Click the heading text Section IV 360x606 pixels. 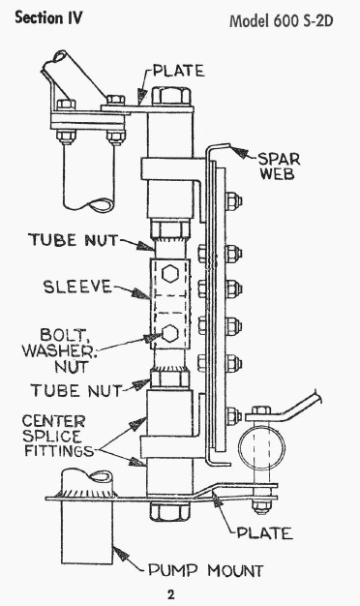pyautogui.click(x=48, y=18)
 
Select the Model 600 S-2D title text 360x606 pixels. pyautogui.click(x=282, y=20)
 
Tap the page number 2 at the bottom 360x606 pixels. pyautogui.click(x=170, y=594)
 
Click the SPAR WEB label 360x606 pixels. pyautogui.click(x=279, y=166)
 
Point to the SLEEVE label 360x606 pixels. pyautogui.click(x=77, y=287)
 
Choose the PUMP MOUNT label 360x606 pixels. pyautogui.click(x=206, y=570)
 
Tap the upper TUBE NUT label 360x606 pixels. pyautogui.click(x=73, y=240)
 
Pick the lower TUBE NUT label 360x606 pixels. pyautogui.click(x=76, y=390)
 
